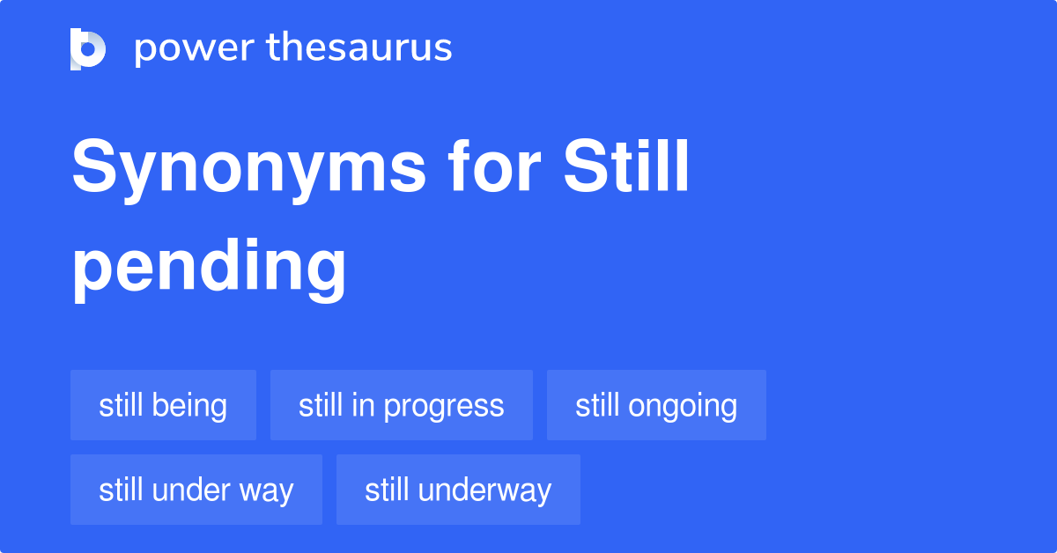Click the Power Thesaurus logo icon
pos(88,48)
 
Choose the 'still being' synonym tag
pos(163,405)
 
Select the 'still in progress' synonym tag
pos(401,405)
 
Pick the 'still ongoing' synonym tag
pos(656,405)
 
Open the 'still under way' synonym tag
pos(196,490)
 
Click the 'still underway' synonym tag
pos(458,490)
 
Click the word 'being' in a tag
pos(188,406)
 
